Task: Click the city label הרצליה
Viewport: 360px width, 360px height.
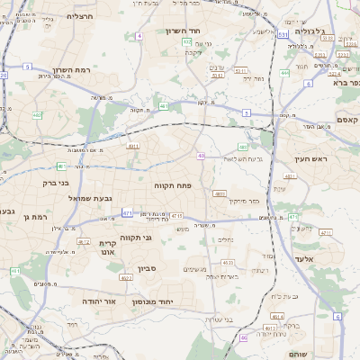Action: click(80, 15)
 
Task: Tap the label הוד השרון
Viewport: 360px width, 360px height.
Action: click(183, 31)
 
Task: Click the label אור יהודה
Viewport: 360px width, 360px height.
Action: click(99, 301)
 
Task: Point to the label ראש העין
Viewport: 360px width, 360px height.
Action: click(308, 159)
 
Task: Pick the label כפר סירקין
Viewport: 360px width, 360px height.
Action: click(244, 201)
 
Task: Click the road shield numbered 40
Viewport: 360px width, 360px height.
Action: click(201, 157)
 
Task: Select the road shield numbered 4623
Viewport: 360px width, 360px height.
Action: click(228, 262)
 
